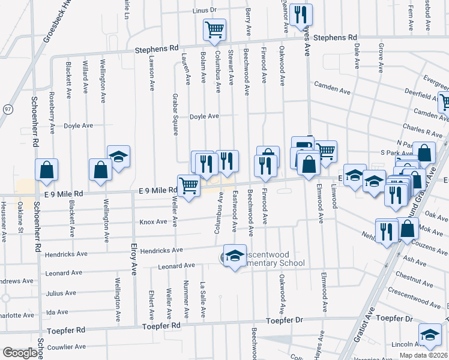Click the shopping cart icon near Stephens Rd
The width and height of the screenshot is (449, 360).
point(214,29)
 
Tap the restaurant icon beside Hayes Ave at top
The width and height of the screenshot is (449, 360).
point(300,15)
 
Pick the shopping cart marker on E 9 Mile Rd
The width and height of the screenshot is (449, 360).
point(188,187)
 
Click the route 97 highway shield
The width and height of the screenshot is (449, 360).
point(7,109)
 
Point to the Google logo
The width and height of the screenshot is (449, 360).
point(20,353)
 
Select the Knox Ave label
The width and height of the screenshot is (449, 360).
point(153,221)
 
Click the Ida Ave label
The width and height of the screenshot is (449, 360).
point(58,312)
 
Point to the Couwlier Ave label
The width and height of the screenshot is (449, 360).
point(65,346)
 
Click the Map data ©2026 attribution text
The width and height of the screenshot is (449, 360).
point(423,355)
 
